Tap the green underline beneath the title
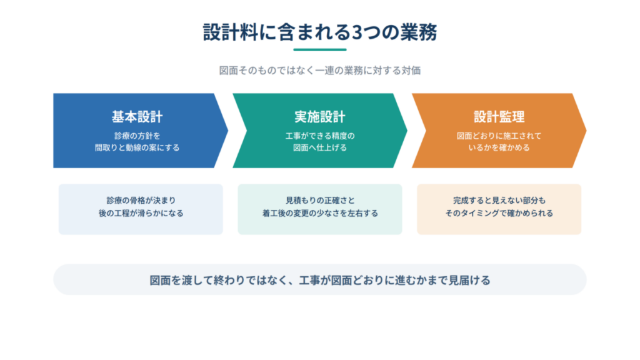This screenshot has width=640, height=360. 320,50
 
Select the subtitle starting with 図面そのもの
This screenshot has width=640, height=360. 320,71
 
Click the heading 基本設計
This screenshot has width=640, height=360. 137,117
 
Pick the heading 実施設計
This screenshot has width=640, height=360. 320,117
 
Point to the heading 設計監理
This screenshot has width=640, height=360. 499,117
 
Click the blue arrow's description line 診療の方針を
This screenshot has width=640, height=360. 137,136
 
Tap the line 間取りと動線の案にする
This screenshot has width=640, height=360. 137,147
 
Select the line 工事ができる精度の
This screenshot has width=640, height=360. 320,136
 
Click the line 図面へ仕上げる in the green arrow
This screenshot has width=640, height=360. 320,147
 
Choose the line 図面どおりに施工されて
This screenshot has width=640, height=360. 499,136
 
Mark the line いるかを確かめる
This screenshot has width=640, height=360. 499,147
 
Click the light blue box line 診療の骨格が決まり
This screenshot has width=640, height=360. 141,201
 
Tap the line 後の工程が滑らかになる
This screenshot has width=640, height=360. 141,213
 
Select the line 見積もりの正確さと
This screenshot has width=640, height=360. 320,201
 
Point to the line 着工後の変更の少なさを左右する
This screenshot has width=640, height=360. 320,213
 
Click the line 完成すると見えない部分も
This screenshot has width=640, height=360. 499,201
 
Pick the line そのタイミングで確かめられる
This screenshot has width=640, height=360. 499,213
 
